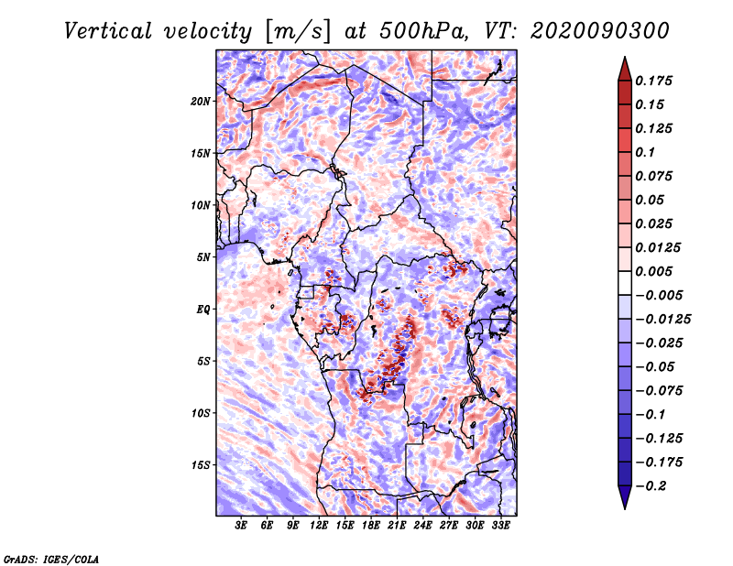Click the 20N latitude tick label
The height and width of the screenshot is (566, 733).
coord(202,101)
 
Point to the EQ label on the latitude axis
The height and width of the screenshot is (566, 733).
coord(203,310)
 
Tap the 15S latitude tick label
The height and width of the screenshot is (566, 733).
coord(202,465)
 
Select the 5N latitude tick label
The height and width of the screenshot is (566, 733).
coord(203,257)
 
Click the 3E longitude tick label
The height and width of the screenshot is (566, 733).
coord(242,526)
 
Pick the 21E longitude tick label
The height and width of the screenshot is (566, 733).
coord(397,526)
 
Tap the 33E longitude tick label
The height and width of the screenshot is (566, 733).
coord(500,526)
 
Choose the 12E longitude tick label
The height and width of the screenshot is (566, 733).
coord(320,526)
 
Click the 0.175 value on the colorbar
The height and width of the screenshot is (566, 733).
coord(657,81)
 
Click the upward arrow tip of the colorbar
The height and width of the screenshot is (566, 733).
coord(624,60)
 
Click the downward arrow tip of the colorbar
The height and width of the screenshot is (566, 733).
coord(624,506)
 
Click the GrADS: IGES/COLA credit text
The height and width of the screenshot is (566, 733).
coord(50,558)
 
